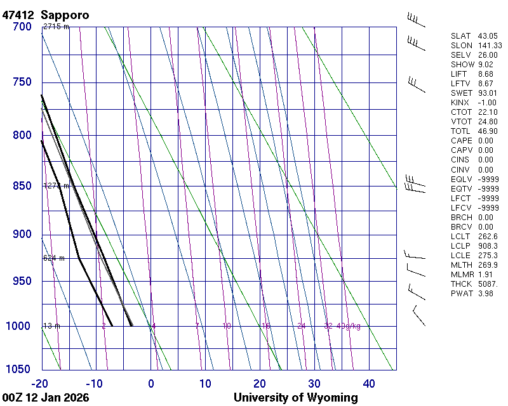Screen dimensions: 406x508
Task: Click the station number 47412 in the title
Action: coord(18,15)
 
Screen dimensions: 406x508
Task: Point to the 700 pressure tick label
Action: coord(22,27)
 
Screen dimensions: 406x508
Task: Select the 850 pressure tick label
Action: coord(22,186)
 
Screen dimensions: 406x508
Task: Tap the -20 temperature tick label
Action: coord(40,383)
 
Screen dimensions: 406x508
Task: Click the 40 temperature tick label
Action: coord(369,383)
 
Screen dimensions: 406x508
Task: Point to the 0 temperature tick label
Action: coord(151,383)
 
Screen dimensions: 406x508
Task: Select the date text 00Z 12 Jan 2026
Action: coord(45,398)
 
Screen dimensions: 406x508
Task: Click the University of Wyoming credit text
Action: coord(295,398)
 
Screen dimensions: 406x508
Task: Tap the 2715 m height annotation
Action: coord(56,27)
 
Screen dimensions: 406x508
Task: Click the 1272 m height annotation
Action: coord(56,186)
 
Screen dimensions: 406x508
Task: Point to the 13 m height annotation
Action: coord(51,326)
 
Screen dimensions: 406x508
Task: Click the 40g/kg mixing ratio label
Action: coord(349,326)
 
